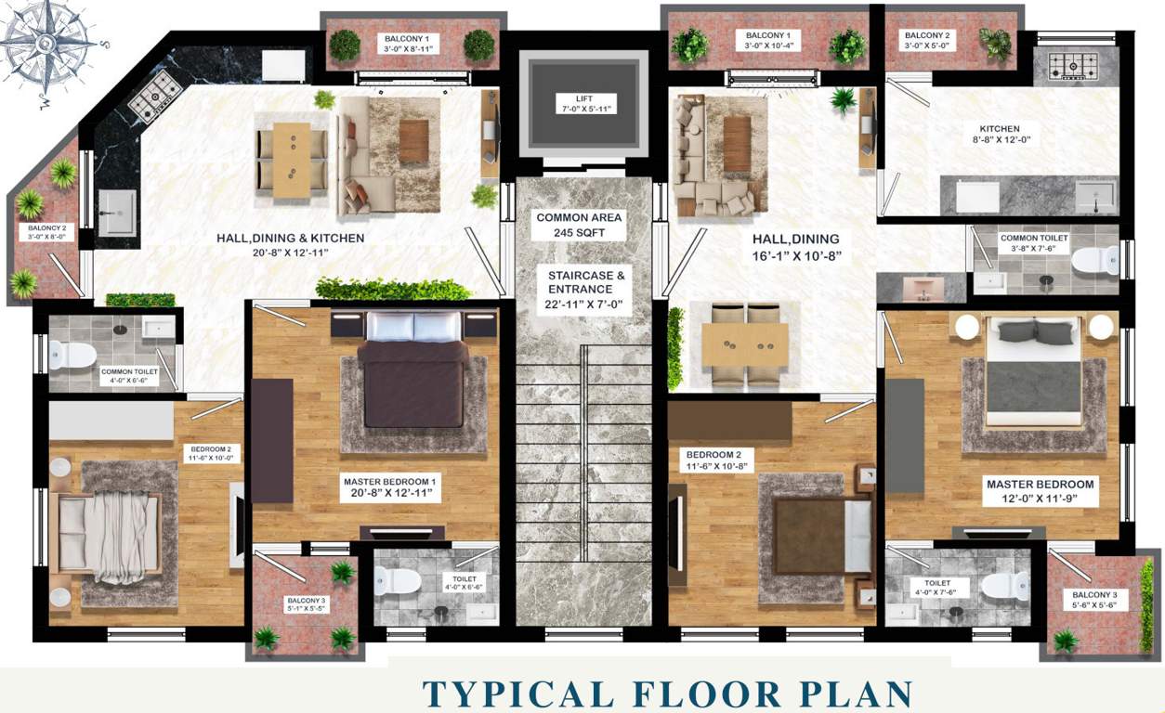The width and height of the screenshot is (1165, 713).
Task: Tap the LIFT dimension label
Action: coord(582,104)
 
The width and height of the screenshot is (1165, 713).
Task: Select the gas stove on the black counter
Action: coord(155,97)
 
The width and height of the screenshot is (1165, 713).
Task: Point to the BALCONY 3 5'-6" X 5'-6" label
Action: coord(1095,600)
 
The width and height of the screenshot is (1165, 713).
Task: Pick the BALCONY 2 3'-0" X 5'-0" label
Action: coord(928,42)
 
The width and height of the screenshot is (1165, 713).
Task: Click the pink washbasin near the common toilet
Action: coord(923,288)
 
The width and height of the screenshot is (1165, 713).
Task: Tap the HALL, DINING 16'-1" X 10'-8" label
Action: coord(796,247)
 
